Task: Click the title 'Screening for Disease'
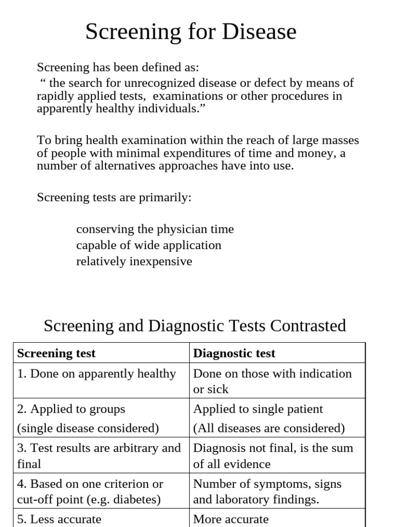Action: [x=191, y=32]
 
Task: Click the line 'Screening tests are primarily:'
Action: [x=114, y=198]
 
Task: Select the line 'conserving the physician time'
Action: [x=155, y=229]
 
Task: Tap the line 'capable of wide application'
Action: [x=149, y=245]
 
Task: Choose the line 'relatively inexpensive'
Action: [x=134, y=261]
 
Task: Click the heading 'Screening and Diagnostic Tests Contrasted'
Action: [x=195, y=326]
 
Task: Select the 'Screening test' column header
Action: [x=57, y=353]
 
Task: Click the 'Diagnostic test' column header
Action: [x=234, y=353]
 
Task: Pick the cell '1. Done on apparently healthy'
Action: [x=97, y=374]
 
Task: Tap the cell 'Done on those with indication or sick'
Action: [x=272, y=381]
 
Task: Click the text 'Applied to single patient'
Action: [x=258, y=409]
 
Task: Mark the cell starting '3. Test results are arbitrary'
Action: [x=99, y=455]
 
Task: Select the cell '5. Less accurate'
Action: [x=59, y=519]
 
